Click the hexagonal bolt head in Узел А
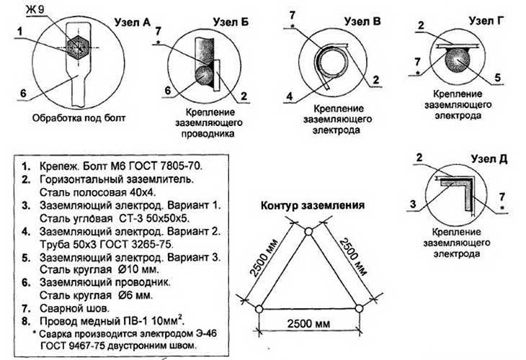[x=78, y=48]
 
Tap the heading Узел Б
[x=231, y=22]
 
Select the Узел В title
[x=362, y=21]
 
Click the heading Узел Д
[x=489, y=158]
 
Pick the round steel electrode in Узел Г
[x=457, y=60]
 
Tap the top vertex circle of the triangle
[x=308, y=232]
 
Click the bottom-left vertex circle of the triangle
[x=259, y=309]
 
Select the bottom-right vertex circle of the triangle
[x=359, y=308]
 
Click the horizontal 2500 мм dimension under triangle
[x=308, y=324]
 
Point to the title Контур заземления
[x=313, y=205]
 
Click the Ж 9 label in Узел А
[x=35, y=10]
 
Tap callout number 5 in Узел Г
[x=498, y=78]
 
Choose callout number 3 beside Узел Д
[x=414, y=204]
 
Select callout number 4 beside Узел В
[x=290, y=96]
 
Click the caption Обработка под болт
[x=79, y=118]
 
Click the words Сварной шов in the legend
[x=74, y=308]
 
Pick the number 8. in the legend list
[x=27, y=321]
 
